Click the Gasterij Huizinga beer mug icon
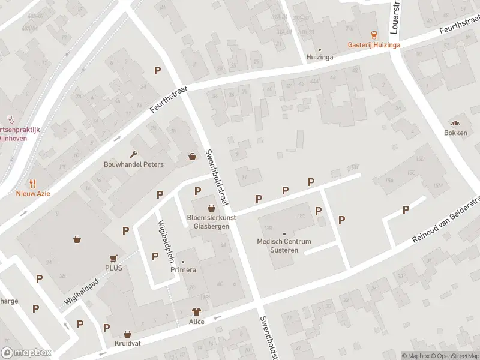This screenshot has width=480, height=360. (374, 35)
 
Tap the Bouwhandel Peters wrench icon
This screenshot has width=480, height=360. (133, 154)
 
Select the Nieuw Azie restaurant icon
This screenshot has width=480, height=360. (33, 184)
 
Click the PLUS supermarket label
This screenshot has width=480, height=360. (113, 268)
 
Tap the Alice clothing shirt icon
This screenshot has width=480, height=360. (196, 311)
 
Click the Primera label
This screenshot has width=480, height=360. (184, 270)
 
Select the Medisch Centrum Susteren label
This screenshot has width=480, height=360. (284, 245)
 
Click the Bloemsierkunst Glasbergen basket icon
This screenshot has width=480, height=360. (211, 207)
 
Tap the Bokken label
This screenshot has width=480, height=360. (455, 133)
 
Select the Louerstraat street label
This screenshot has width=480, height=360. (395, 17)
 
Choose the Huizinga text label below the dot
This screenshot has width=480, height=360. (319, 58)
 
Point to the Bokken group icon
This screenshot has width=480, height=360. (455, 122)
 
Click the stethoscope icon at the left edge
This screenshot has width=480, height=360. (10, 119)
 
